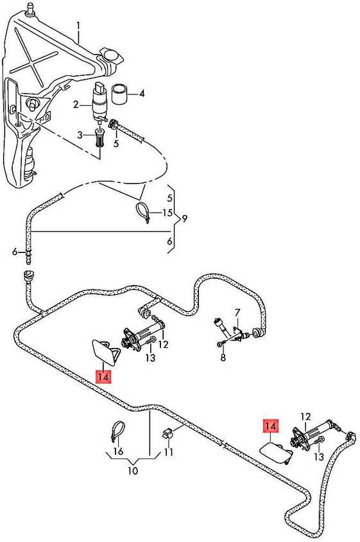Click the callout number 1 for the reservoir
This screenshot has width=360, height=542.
coord(78,26)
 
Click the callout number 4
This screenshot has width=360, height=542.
coord(142,94)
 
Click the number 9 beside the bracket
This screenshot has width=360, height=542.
coord(184,218)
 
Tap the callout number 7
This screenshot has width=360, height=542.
coord(237,313)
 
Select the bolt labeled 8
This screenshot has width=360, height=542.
coord(221,344)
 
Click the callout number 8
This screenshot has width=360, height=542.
coord(223,357)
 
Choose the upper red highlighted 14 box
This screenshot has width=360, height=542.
coord(103,376)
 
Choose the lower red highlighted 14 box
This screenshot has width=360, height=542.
coord(271,426)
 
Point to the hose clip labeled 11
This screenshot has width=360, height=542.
coord(167,433)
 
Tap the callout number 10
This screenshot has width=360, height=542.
coord(133,471)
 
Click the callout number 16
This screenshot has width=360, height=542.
coord(118,451)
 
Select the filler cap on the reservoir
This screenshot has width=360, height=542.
coord(111,57)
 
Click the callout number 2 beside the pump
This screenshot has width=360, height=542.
coord(76,104)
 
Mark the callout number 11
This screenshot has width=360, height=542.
coord(168,452)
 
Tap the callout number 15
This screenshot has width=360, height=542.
coord(167,212)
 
